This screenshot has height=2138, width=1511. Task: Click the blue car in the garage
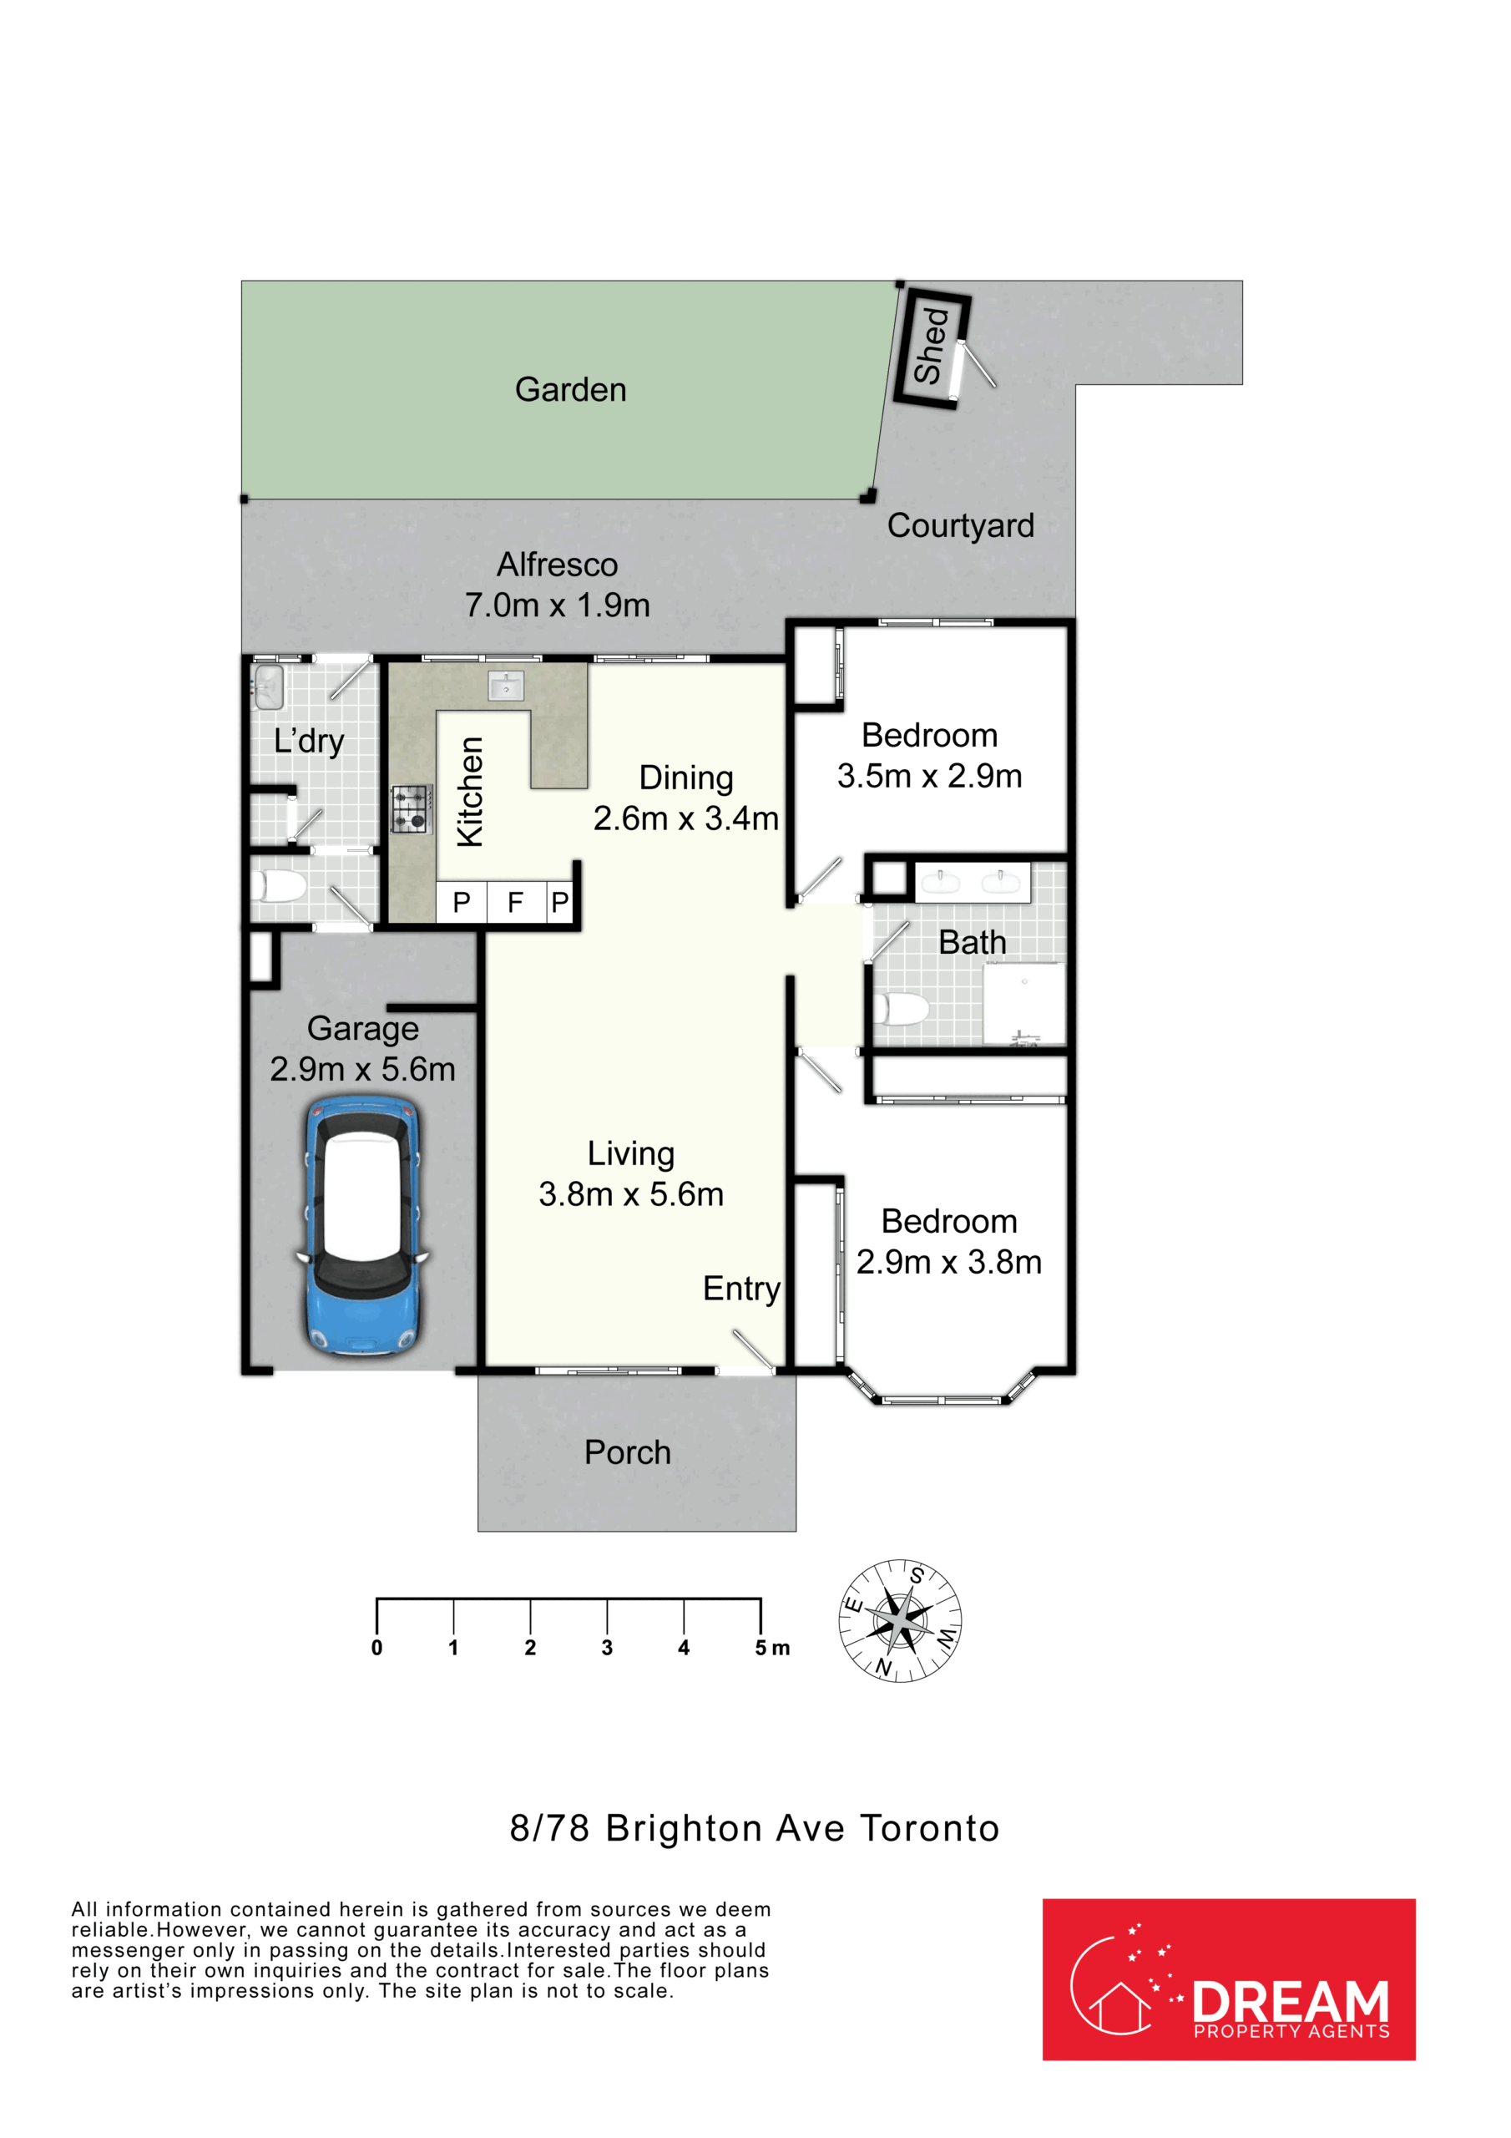coord(363,1226)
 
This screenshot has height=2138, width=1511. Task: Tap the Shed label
coord(931,346)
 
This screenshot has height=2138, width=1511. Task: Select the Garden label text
coord(571,389)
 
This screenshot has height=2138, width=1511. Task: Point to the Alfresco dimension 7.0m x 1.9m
coord(558,605)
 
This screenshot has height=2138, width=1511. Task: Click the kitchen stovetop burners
coord(412,808)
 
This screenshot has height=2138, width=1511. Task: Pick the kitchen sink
coord(506,686)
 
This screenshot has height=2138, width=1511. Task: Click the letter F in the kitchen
coord(515,901)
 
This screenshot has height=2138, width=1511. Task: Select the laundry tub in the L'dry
coord(268,688)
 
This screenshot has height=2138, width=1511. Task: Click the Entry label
coord(741,1289)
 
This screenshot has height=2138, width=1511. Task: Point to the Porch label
coord(628,1452)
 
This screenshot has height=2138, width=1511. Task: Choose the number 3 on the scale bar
coord(607,1649)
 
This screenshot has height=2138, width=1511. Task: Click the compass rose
coord(900,1620)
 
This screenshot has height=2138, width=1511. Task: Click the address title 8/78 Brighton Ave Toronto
coord(755,1829)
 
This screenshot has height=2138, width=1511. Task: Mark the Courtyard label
coord(961,526)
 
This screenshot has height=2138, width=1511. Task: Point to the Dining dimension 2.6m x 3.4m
coord(686,818)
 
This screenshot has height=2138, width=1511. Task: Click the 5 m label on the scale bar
coord(773,1649)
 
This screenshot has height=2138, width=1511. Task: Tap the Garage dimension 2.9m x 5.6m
coord(363,1069)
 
